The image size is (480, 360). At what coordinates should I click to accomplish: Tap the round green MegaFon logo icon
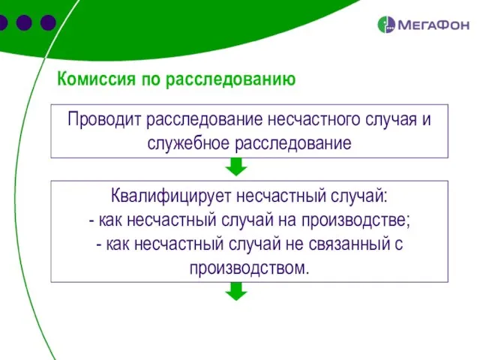click(x=385, y=24)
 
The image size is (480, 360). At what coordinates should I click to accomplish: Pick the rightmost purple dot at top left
click(x=48, y=22)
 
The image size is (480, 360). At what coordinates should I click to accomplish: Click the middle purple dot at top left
click(x=23, y=22)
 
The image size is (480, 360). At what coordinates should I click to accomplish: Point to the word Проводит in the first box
click(x=104, y=120)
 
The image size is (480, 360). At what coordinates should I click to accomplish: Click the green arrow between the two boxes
click(x=236, y=168)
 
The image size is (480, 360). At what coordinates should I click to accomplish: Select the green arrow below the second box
click(x=236, y=292)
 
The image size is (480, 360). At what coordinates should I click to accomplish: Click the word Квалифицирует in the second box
click(x=171, y=197)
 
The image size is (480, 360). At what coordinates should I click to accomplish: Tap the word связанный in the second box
click(x=348, y=244)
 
